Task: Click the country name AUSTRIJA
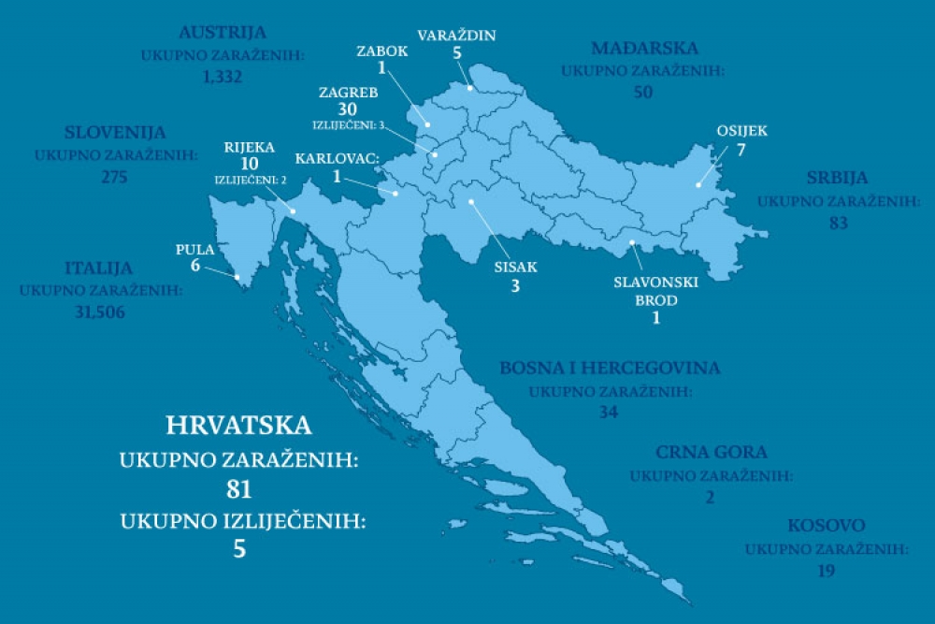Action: (x=223, y=33)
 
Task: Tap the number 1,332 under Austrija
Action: (x=223, y=77)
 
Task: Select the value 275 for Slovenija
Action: (x=114, y=177)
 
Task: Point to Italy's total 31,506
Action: (x=100, y=312)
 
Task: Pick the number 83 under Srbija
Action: (x=838, y=224)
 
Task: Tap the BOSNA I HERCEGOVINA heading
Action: (x=610, y=369)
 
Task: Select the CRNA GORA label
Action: (x=711, y=453)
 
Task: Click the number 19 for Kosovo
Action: (x=826, y=571)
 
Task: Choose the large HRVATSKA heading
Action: (x=238, y=426)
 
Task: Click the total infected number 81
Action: (x=239, y=489)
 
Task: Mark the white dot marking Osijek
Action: (x=698, y=185)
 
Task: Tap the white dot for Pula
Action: (x=237, y=277)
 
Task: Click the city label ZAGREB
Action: (x=348, y=93)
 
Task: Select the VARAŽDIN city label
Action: (x=457, y=36)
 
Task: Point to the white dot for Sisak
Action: (x=471, y=200)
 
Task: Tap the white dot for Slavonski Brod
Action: (x=633, y=243)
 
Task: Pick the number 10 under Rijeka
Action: (x=249, y=164)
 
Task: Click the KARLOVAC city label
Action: (x=337, y=159)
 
